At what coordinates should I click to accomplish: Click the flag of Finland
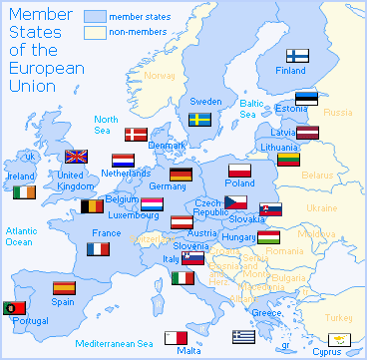298,56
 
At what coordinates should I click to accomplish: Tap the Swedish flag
200,119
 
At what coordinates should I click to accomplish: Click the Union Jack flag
77,157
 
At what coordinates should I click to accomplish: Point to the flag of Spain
64,287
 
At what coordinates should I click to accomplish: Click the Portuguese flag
15,307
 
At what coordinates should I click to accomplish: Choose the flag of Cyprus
343,339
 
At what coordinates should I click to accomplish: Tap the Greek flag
244,336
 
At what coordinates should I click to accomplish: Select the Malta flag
177,337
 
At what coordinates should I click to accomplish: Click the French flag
98,248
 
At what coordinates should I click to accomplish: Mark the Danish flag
134,133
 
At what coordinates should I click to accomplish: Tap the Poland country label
240,183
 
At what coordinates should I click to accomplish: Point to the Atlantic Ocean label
21,236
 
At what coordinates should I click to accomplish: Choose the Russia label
338,112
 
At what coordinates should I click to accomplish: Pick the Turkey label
339,316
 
